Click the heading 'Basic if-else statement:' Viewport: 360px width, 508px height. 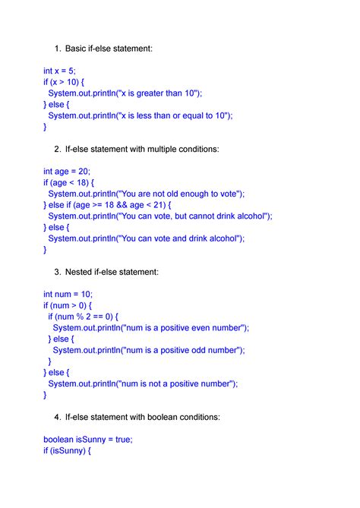coord(109,49)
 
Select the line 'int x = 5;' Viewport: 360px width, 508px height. coord(59,71)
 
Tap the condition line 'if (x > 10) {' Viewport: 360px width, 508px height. coord(70,82)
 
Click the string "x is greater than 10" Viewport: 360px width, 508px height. coord(159,93)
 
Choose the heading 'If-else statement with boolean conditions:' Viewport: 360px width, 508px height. coord(143,417)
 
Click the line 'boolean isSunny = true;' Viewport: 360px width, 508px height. coord(87,440)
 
